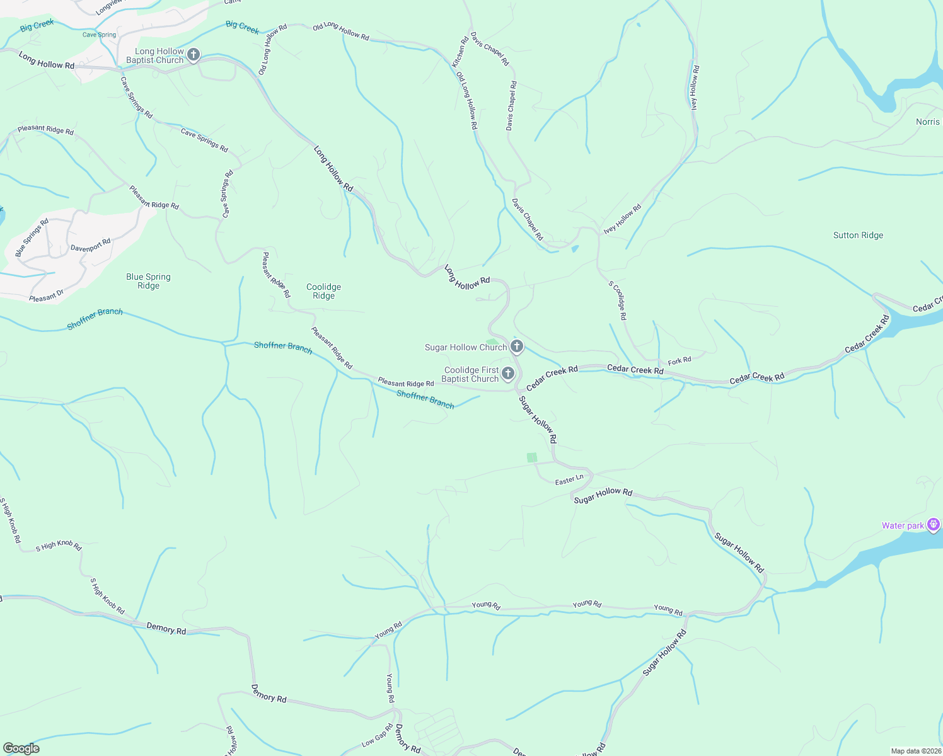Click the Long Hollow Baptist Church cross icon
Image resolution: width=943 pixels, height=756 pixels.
pos(194,55)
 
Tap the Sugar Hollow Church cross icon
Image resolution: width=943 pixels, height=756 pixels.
pos(516,346)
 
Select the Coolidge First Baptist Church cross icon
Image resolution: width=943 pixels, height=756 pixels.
pos(507,374)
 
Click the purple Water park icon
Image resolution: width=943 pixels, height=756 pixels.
pos(934,525)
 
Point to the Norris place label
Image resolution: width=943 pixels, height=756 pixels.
pos(927,122)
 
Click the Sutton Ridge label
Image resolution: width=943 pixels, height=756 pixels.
pos(858,236)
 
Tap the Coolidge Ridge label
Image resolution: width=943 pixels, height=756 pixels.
pos(323,291)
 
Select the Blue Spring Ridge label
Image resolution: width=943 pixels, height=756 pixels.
pos(148,281)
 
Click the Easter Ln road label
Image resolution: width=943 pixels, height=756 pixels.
pos(569,481)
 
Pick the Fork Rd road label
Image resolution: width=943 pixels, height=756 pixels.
pos(680,361)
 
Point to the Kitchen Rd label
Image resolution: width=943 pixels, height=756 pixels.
pos(460,52)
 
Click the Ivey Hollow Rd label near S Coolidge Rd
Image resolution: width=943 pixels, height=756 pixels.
pos(622,219)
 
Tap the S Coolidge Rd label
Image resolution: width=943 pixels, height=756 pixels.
pos(618,301)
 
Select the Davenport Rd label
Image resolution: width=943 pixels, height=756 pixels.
pos(90,245)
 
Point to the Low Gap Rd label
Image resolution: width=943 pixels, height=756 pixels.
pos(378,735)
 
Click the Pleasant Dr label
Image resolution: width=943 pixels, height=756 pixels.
pos(46,296)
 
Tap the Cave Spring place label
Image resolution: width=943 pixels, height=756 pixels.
pos(99,35)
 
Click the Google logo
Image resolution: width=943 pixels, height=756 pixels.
pos(21,748)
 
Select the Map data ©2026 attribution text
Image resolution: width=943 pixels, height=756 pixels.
pos(915,751)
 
